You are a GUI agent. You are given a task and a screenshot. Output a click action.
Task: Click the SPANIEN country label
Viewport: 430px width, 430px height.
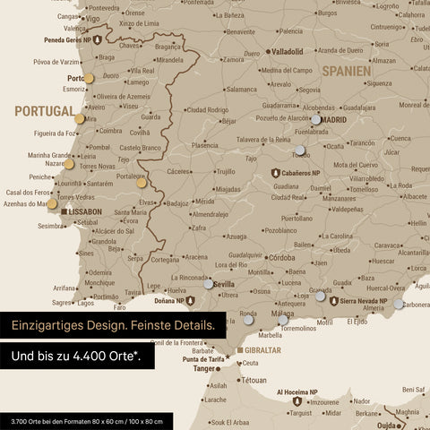click(347, 69)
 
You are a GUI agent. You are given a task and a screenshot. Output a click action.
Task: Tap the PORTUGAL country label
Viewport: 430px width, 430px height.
click(43, 111)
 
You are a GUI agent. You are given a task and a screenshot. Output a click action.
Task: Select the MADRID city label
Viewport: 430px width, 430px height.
click(334, 118)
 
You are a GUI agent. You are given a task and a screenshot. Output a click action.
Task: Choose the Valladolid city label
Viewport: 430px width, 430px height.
click(288, 51)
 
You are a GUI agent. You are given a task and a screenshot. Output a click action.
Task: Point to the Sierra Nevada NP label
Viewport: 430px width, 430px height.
click(362, 301)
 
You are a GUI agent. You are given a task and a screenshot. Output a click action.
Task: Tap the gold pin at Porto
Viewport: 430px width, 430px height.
click(89, 79)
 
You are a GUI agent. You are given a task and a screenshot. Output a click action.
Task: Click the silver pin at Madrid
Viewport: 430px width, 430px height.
click(315, 119)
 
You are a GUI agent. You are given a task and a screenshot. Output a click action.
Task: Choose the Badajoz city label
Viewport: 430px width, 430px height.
click(176, 203)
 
